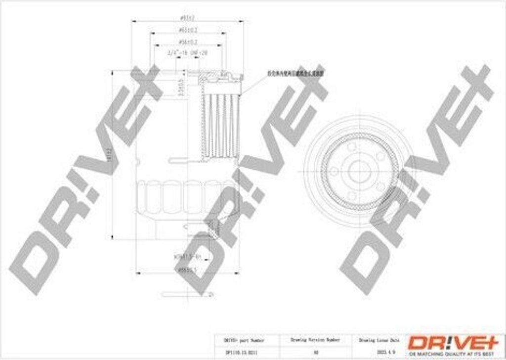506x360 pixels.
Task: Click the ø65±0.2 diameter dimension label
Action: tap(188, 30)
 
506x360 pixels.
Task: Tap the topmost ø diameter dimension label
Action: tap(188, 18)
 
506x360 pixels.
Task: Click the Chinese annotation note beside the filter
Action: tap(295, 73)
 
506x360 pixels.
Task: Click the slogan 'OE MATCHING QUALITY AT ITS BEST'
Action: tap(453, 354)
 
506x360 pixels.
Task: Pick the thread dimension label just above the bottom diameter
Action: tap(187, 257)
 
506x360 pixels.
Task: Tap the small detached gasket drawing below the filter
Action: tap(187, 295)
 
